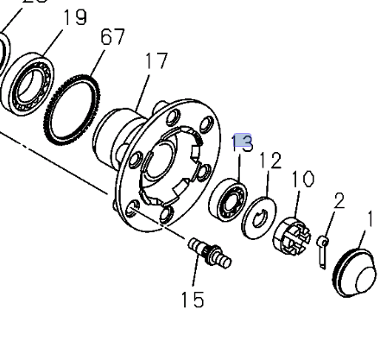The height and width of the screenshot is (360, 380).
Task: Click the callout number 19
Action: pos(75,16)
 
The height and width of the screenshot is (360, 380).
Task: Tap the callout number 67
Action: pos(112,37)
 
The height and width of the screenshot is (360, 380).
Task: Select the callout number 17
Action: pos(155,62)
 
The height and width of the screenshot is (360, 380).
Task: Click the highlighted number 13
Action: pos(243,142)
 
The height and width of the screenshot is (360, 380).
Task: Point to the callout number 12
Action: pos(270,160)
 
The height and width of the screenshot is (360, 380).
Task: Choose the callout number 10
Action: pos(302,180)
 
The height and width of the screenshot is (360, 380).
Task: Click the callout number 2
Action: pos(339,201)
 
